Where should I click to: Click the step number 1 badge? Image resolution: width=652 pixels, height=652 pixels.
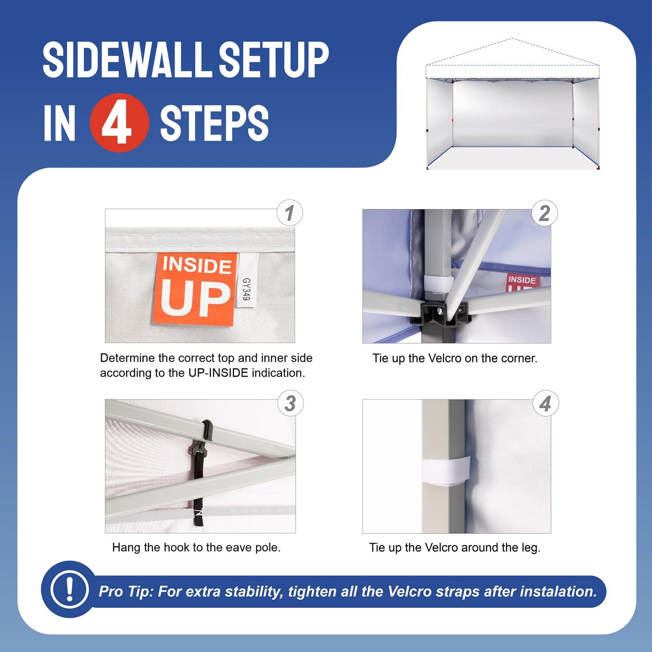coord(290,213)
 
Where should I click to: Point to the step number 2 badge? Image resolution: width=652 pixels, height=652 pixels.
coord(545,213)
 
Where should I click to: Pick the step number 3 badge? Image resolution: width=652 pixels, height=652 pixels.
coord(290,403)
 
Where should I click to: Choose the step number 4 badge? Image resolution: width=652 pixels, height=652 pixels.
coord(545,404)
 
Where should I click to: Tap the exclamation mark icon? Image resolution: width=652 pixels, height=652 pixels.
coord(69,589)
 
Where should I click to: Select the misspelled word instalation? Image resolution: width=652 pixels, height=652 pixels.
coord(553,591)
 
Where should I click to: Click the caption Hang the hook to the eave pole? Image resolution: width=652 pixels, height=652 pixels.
coord(196,547)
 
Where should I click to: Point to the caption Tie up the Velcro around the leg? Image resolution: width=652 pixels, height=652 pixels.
coord(455,547)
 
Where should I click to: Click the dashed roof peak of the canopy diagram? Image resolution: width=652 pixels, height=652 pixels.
coord(512,39)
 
